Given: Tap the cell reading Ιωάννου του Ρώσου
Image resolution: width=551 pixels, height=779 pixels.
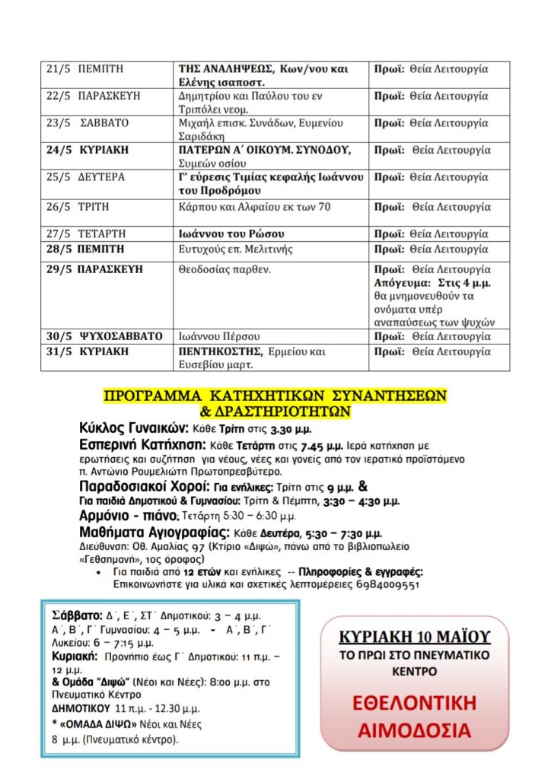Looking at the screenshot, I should (226, 234).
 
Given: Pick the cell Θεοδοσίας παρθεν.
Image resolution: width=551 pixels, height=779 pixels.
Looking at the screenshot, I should (225, 269).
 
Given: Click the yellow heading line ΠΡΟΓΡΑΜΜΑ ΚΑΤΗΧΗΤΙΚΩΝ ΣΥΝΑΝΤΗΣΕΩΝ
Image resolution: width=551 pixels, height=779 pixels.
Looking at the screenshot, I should (275, 396).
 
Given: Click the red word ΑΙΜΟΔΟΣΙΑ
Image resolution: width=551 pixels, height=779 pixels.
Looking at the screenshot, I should (414, 730).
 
